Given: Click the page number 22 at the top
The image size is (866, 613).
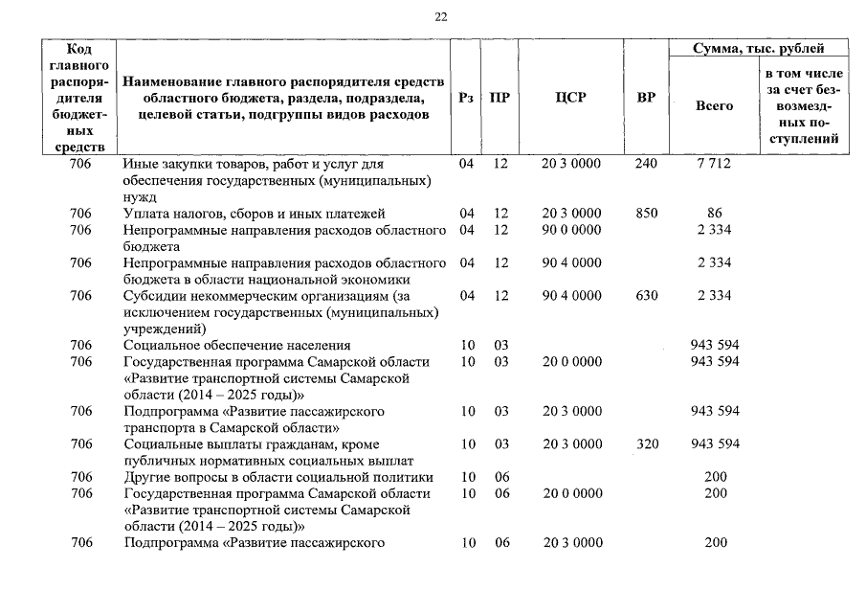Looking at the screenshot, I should [x=440, y=16].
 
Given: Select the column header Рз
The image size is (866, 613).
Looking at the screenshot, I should [x=466, y=98].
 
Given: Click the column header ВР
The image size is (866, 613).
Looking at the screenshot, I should [x=646, y=98].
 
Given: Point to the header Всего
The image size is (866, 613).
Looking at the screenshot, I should [x=714, y=105].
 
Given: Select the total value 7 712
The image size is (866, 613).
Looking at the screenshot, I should [x=714, y=164].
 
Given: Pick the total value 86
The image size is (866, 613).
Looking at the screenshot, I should [x=714, y=214].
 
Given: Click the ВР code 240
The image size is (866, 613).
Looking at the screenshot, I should [x=646, y=164].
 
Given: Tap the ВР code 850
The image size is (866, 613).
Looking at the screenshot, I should [x=646, y=214].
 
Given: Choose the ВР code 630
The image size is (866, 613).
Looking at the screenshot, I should [x=646, y=296].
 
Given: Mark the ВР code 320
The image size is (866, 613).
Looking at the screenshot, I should [x=646, y=443].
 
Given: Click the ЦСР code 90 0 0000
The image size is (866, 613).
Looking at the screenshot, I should [x=571, y=230].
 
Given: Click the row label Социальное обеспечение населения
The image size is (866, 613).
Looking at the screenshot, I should [x=236, y=345].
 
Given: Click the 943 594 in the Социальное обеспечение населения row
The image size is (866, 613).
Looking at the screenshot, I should [x=714, y=345].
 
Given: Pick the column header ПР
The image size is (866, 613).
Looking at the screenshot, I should [x=499, y=98].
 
